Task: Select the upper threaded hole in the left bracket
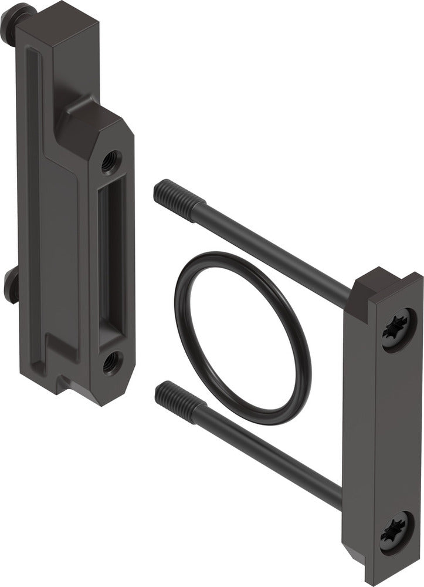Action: coord(110,161)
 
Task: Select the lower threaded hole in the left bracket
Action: coord(111,363)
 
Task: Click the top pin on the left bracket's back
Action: coord(13,18)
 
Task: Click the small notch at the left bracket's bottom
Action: coord(62,384)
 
